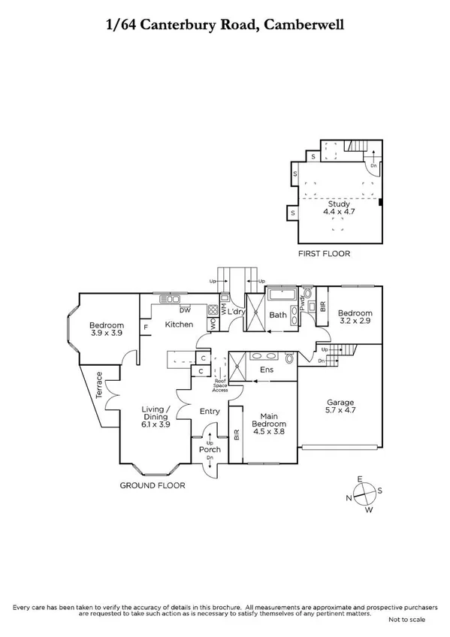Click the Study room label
pos(337,204)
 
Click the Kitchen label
pos(180,325)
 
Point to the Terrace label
pos(96,388)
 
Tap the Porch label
pos(209,450)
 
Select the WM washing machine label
pos(224,309)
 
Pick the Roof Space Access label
pos(219,385)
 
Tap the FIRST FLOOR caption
pos(325,254)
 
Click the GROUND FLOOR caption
pos(153,485)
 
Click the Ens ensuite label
pos(266,370)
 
